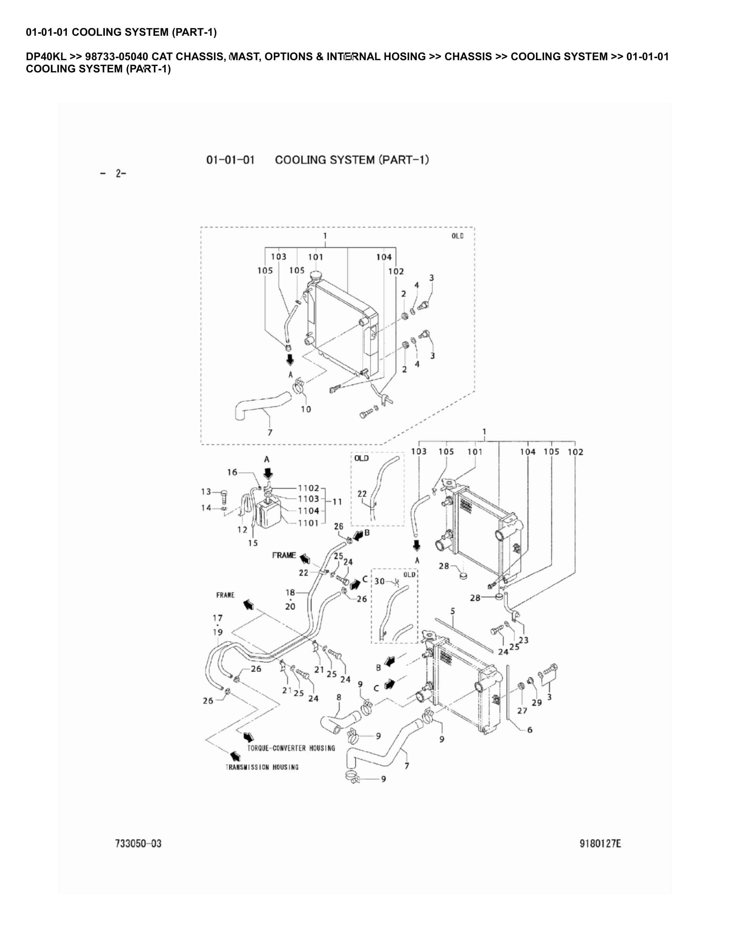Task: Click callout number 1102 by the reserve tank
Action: click(308, 488)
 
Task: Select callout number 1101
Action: click(308, 523)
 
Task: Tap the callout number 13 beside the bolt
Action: click(206, 491)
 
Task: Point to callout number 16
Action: click(232, 472)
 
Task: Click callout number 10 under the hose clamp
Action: click(306, 409)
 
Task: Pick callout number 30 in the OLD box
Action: click(379, 581)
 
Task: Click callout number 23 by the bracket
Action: click(523, 640)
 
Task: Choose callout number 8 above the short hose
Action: click(339, 697)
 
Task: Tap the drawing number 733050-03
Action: click(138, 843)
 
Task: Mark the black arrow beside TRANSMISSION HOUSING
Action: click(234, 756)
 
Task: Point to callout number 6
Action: click(529, 730)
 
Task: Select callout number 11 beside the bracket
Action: click(337, 501)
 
